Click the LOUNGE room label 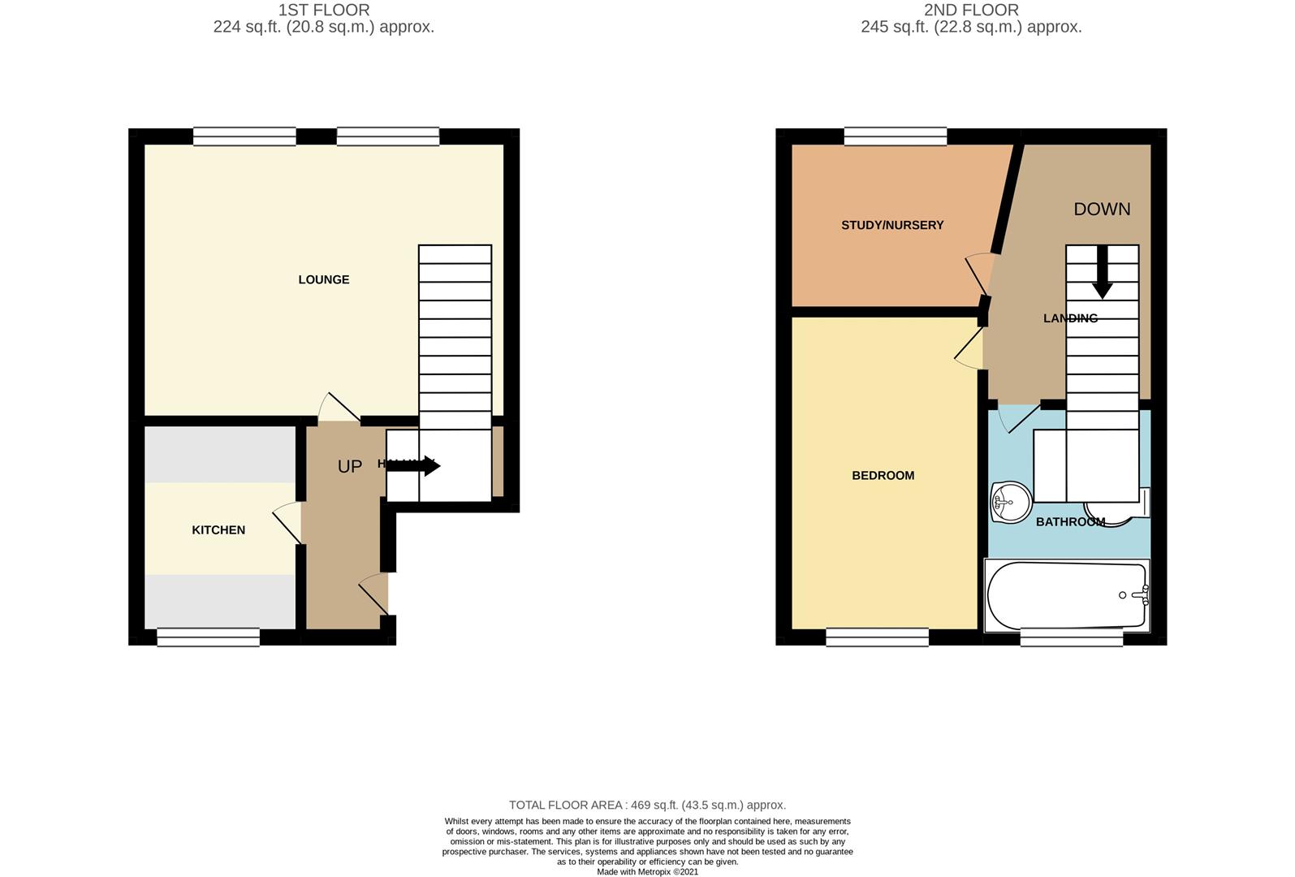click(x=323, y=279)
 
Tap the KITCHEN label click(x=218, y=530)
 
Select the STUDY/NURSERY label click(x=892, y=225)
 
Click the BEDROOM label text click(x=883, y=476)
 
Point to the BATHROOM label click(x=1070, y=522)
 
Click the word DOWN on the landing click(x=1102, y=210)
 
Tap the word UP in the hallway click(x=350, y=467)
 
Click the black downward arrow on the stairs click(x=1102, y=273)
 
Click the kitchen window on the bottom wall click(x=208, y=637)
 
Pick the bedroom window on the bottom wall click(x=877, y=637)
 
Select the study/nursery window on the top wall click(x=895, y=136)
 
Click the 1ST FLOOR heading click(x=324, y=11)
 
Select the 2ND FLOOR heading click(x=971, y=11)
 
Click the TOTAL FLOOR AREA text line click(x=647, y=806)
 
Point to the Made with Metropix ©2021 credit click(x=647, y=872)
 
